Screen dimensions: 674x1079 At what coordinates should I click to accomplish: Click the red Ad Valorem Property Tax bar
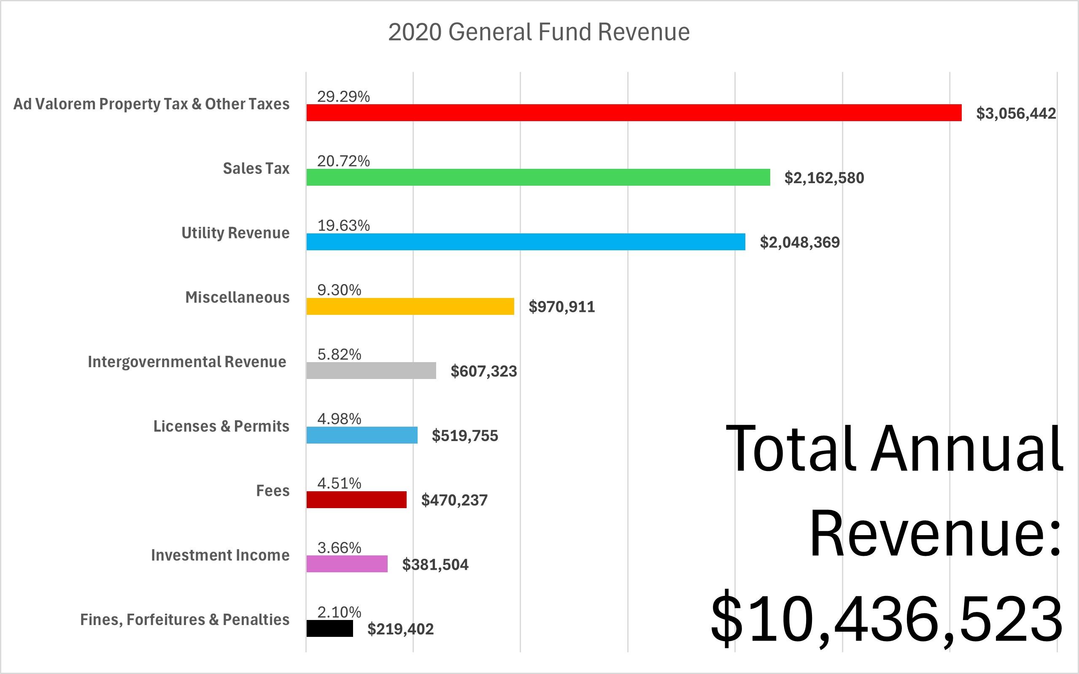[x=633, y=113]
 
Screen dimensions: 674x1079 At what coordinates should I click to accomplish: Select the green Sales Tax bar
[x=538, y=177]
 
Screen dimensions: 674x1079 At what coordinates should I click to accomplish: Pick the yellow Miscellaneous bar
[x=410, y=307]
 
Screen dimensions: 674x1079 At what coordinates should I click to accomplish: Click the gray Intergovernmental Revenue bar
[x=371, y=371]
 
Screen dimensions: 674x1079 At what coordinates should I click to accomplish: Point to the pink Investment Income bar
[x=347, y=564]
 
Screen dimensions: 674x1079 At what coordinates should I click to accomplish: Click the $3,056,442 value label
[x=1016, y=114]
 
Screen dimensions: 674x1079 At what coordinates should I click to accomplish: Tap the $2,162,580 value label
[x=824, y=178]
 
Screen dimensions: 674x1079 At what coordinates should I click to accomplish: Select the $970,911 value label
[x=561, y=307]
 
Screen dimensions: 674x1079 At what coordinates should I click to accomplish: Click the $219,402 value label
[x=400, y=629]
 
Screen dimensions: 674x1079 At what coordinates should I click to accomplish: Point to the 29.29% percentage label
[x=343, y=96]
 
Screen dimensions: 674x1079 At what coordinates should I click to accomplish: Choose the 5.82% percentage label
[x=339, y=355]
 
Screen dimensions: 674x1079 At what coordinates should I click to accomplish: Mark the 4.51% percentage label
[x=339, y=483]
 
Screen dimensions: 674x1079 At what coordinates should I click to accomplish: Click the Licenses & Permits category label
[x=221, y=426]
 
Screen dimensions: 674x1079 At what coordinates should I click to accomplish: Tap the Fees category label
[x=272, y=491]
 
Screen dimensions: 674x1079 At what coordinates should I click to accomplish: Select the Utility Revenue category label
[x=235, y=233]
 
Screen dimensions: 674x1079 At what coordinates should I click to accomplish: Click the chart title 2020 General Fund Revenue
[x=539, y=32]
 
